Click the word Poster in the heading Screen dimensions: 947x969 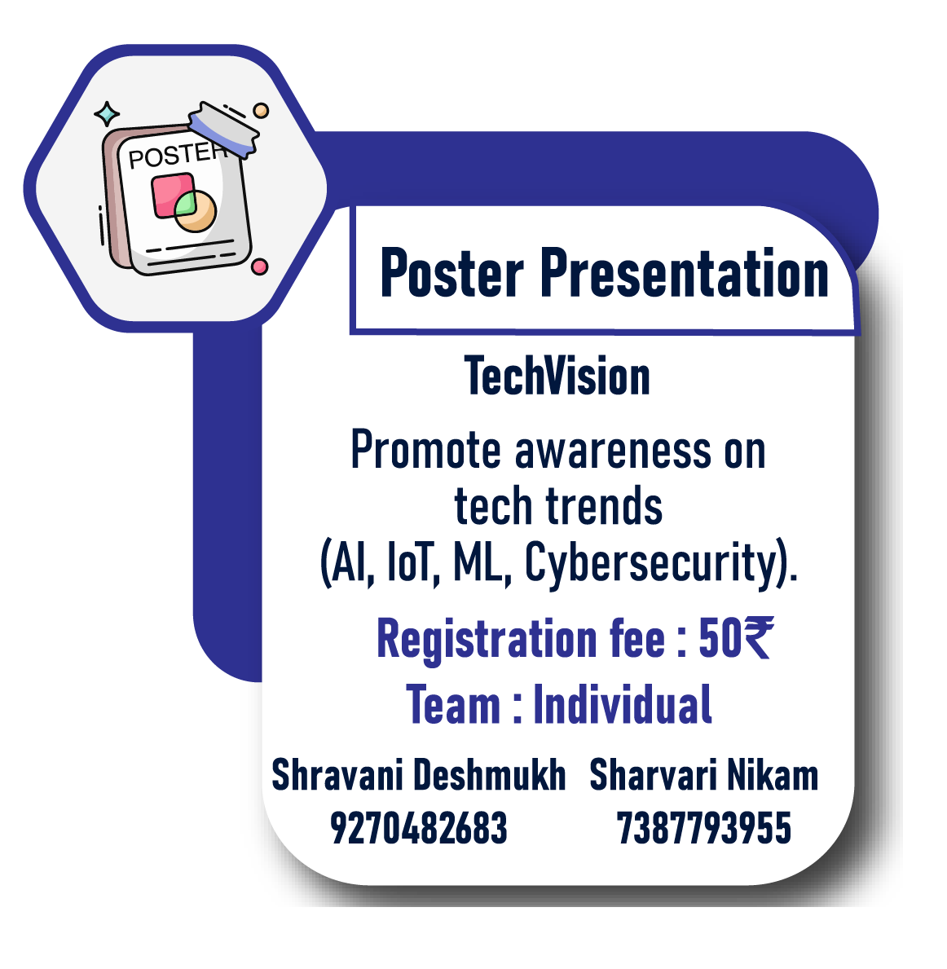[x=451, y=273]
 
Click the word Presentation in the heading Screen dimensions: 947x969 [x=685, y=273]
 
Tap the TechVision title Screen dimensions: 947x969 [x=557, y=376]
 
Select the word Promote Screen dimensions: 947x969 [x=426, y=449]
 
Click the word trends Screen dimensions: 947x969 [x=604, y=505]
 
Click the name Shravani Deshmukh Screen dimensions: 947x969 [x=418, y=773]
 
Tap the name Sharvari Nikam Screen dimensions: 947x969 [x=703, y=773]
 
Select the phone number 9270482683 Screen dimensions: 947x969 [x=418, y=827]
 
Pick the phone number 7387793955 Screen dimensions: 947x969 [x=703, y=827]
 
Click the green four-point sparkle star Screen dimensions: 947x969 [x=107, y=114]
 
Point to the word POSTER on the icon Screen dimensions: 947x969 [x=174, y=155]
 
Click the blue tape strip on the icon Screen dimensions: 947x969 [x=224, y=129]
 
